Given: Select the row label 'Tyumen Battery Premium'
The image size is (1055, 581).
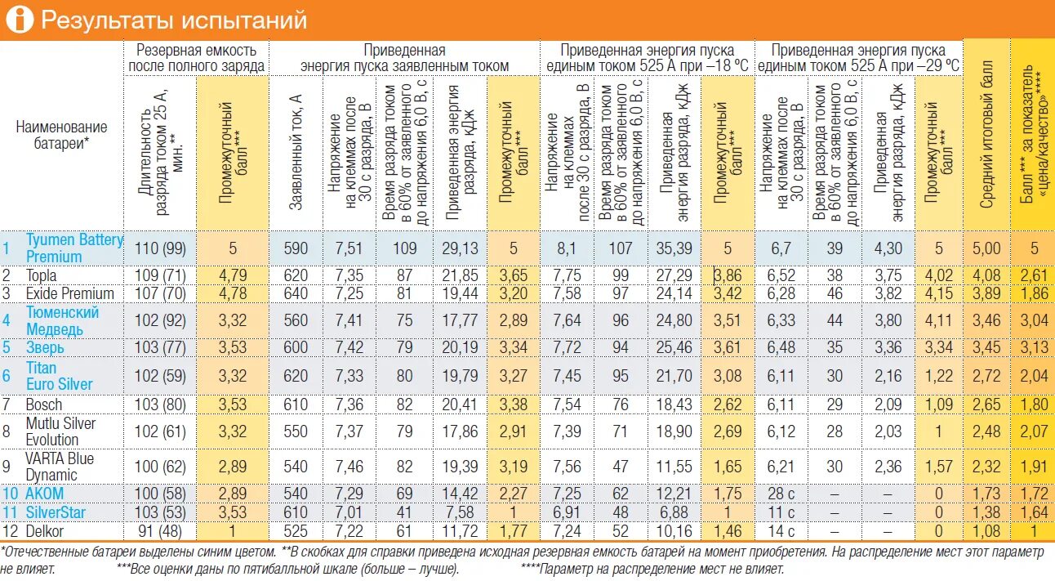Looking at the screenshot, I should pyautogui.click(x=74, y=248).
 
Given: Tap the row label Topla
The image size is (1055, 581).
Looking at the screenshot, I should pyautogui.click(x=42, y=275).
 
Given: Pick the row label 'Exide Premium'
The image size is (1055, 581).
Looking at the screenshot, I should pyautogui.click(x=69, y=293).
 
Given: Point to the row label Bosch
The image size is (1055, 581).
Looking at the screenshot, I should pyautogui.click(x=43, y=404).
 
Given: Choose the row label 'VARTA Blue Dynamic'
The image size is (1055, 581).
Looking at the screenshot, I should pyautogui.click(x=60, y=466).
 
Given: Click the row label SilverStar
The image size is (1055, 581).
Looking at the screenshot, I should pyautogui.click(x=56, y=512).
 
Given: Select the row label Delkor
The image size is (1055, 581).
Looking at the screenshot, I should pyautogui.click(x=45, y=530).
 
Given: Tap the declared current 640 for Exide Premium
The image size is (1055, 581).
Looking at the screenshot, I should pyautogui.click(x=296, y=293).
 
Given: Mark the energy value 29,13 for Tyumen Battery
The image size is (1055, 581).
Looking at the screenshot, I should pyautogui.click(x=460, y=248).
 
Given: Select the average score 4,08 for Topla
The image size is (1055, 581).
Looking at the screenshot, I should pyautogui.click(x=986, y=275).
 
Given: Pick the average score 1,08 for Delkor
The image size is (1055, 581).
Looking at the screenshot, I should pyautogui.click(x=986, y=530).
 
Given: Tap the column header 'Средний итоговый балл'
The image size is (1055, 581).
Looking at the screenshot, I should pyautogui.click(x=986, y=135).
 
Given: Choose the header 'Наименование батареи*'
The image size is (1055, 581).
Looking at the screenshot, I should pyautogui.click(x=62, y=135).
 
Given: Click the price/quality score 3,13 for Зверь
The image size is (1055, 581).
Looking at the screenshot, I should pyautogui.click(x=1034, y=347).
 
